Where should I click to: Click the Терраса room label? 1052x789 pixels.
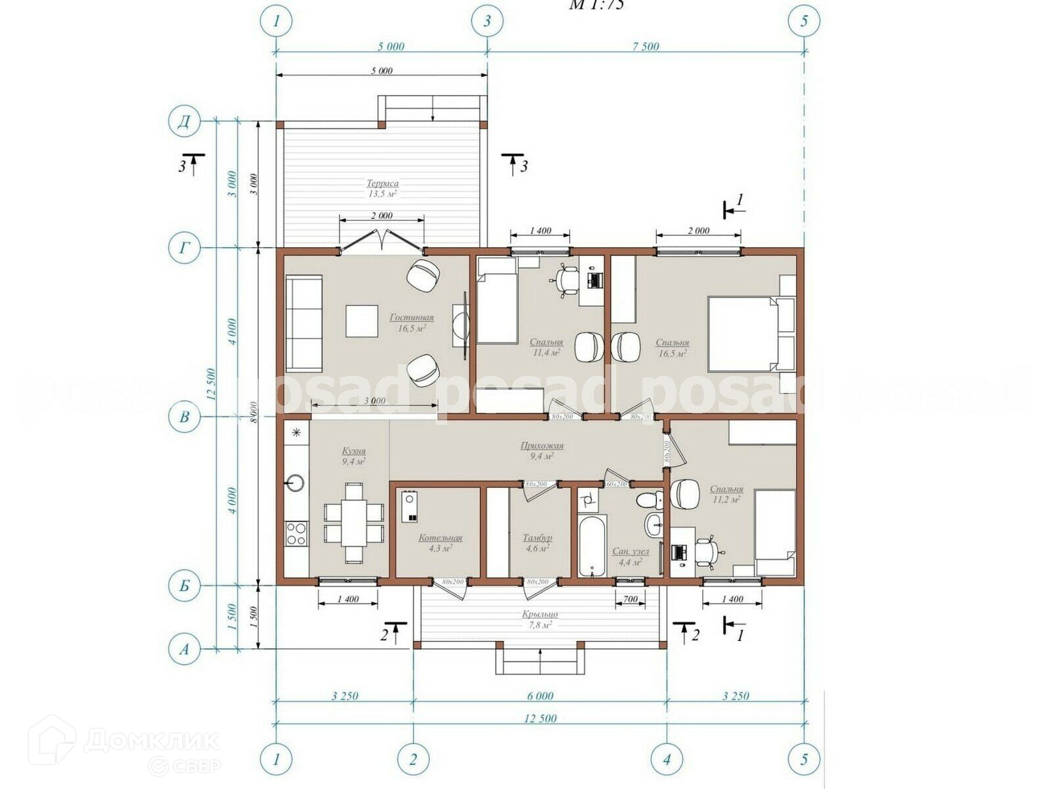point(383,184)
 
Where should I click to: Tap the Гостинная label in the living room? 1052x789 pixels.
point(412,318)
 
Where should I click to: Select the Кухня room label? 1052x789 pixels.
point(354,452)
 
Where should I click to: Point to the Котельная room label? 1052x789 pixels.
point(441,538)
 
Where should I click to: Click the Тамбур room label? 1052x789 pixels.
point(537,538)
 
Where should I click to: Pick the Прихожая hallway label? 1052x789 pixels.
point(542,446)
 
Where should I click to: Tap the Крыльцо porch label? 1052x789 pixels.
point(540,614)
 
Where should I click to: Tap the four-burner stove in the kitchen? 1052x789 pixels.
point(296,533)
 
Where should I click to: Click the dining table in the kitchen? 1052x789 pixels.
point(354,523)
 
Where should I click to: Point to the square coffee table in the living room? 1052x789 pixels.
point(362,321)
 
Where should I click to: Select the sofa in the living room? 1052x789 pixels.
point(304,323)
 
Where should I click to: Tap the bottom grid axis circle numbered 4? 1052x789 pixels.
point(667,760)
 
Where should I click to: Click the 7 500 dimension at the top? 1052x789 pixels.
point(645,47)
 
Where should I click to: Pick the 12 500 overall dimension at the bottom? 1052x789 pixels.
point(540,719)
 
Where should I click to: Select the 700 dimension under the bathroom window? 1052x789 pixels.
point(630,599)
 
